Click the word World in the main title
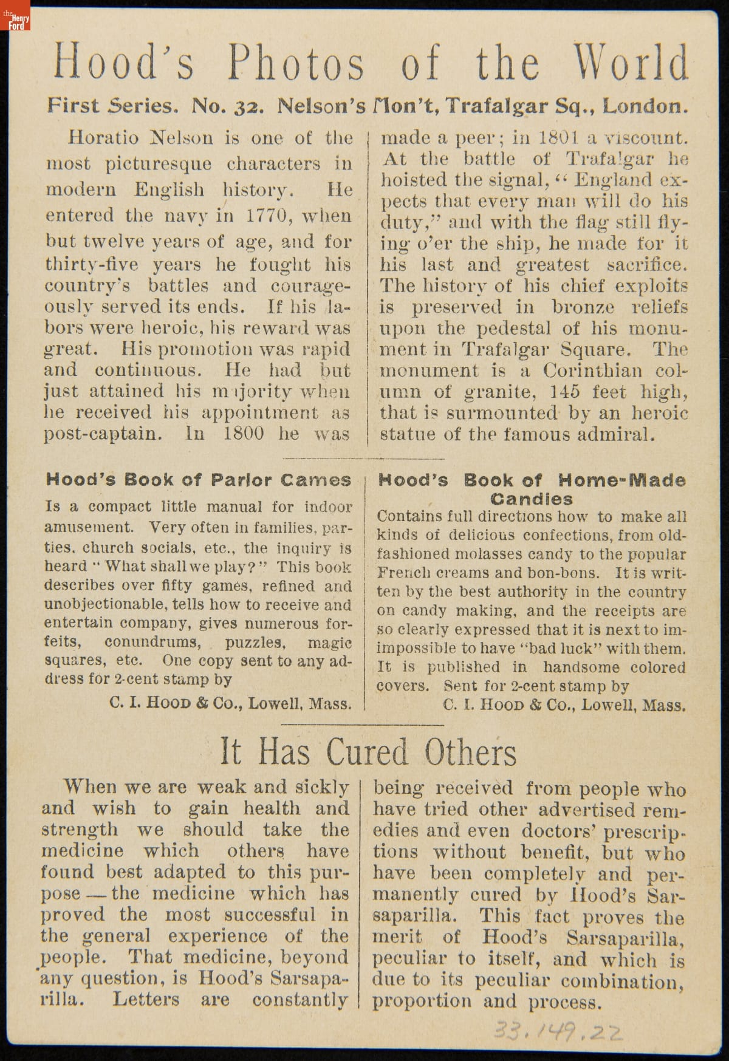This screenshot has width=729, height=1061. tap(631, 63)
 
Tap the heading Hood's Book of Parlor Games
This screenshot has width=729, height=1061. tap(198, 480)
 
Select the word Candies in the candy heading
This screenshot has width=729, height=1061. tap(532, 499)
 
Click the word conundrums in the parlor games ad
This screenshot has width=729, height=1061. tap(151, 642)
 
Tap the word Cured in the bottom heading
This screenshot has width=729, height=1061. tap(367, 752)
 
